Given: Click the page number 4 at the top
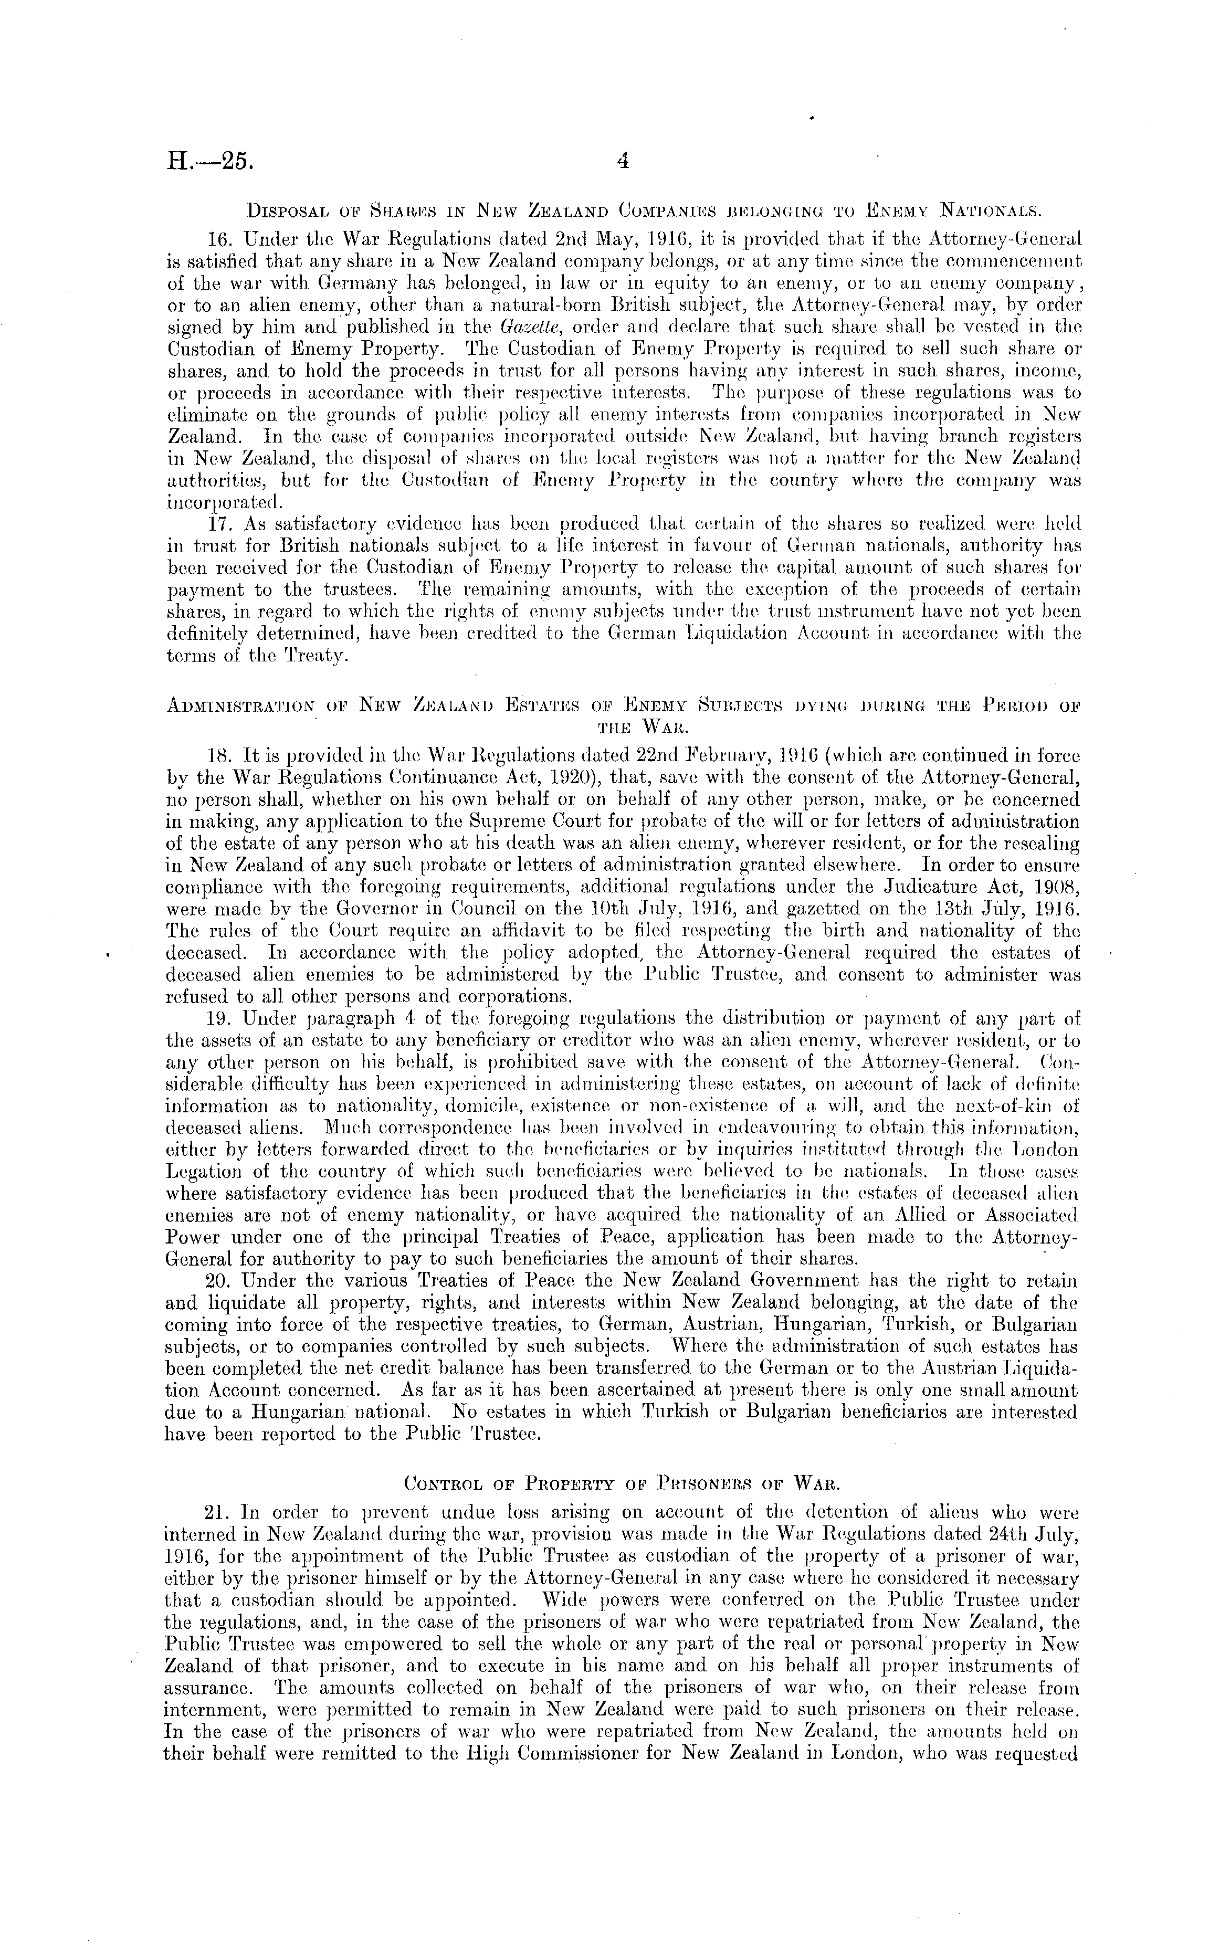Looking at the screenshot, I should point(623,162).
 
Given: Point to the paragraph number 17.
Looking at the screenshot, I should point(219,524).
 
